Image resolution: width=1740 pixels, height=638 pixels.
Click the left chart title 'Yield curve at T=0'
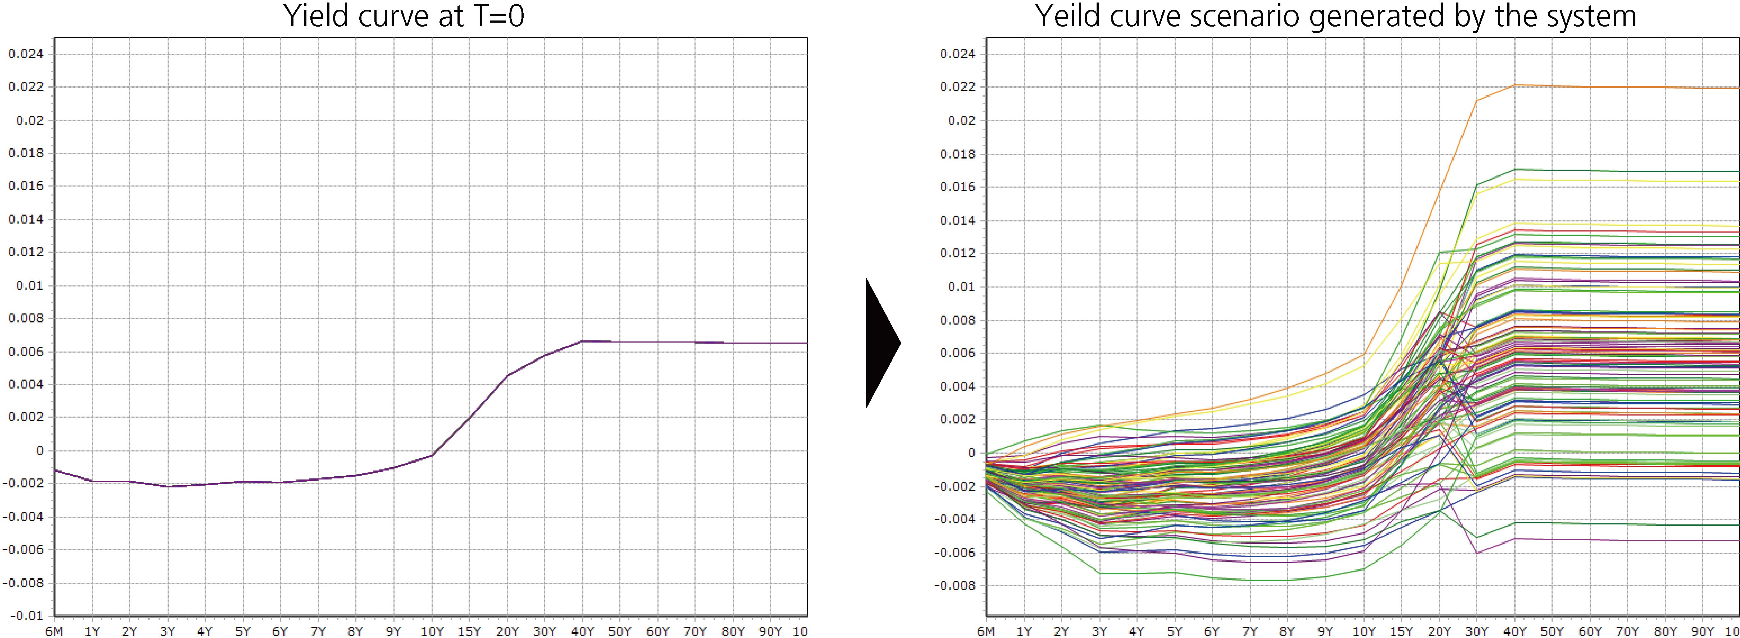click(403, 16)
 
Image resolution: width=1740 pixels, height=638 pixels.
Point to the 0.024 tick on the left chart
click(26, 54)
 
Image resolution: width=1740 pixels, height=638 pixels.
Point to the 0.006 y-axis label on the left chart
click(26, 352)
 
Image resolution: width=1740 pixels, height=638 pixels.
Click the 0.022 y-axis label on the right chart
click(958, 87)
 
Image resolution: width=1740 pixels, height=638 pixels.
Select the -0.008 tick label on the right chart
click(955, 585)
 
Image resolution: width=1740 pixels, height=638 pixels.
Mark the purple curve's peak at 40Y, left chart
click(582, 341)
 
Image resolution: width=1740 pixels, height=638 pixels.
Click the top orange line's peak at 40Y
click(1514, 85)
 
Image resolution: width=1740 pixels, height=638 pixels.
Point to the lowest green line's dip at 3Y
click(1100, 573)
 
